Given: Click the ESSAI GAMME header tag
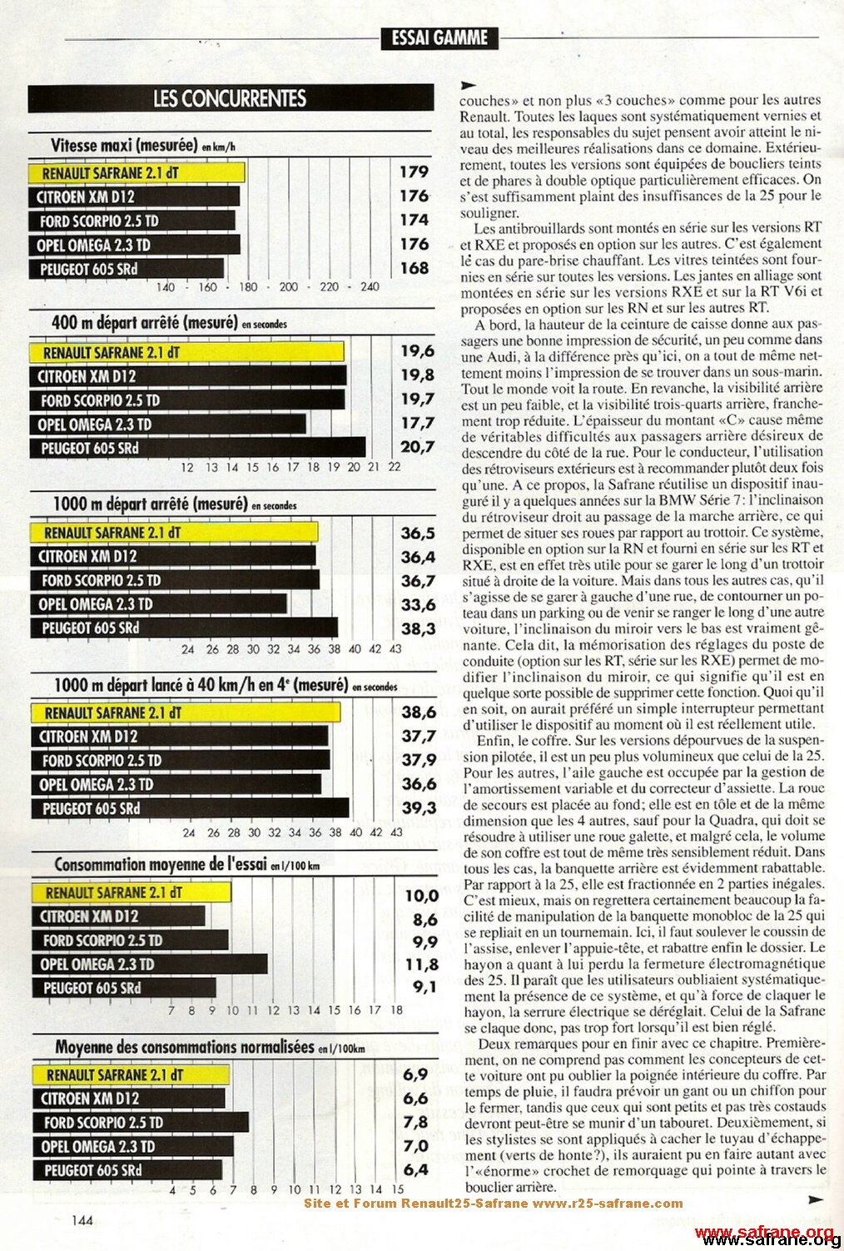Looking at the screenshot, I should coord(439,38).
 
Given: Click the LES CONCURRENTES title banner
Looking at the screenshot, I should coord(231,99).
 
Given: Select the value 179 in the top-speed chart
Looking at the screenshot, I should coord(414,172).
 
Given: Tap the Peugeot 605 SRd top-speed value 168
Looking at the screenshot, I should coord(414,269).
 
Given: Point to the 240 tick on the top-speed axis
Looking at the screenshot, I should coord(370,287).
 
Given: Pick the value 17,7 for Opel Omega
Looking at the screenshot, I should coord(417,424).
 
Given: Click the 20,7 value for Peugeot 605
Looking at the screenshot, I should coord(417,448).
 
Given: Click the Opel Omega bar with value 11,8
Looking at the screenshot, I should coord(150,965).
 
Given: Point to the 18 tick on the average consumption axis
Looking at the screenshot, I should coord(396,1010).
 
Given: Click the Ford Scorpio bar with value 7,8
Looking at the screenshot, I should coord(141,1123).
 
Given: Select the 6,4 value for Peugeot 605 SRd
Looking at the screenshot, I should coord(415,1169).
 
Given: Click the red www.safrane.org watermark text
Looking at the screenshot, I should coord(763,1232).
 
